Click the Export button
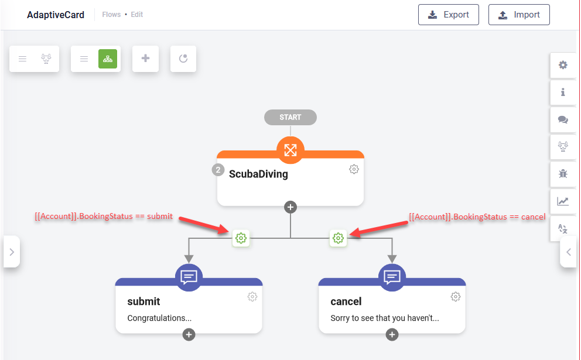[449, 15]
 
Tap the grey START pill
[290, 117]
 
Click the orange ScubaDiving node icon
[290, 150]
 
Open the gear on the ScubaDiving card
[354, 169]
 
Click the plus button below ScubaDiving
[290, 207]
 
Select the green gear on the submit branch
[241, 238]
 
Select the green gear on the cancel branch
[338, 238]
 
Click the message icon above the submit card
[189, 277]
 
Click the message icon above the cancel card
[392, 277]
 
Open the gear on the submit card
[252, 297]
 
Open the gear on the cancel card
[456, 297]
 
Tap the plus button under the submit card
[189, 334]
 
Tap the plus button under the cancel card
[392, 334]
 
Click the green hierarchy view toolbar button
[108, 59]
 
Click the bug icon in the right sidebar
[563, 173]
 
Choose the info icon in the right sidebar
[563, 92]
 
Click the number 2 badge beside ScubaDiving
[218, 170]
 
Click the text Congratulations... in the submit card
[159, 318]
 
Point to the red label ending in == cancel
[477, 217]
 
